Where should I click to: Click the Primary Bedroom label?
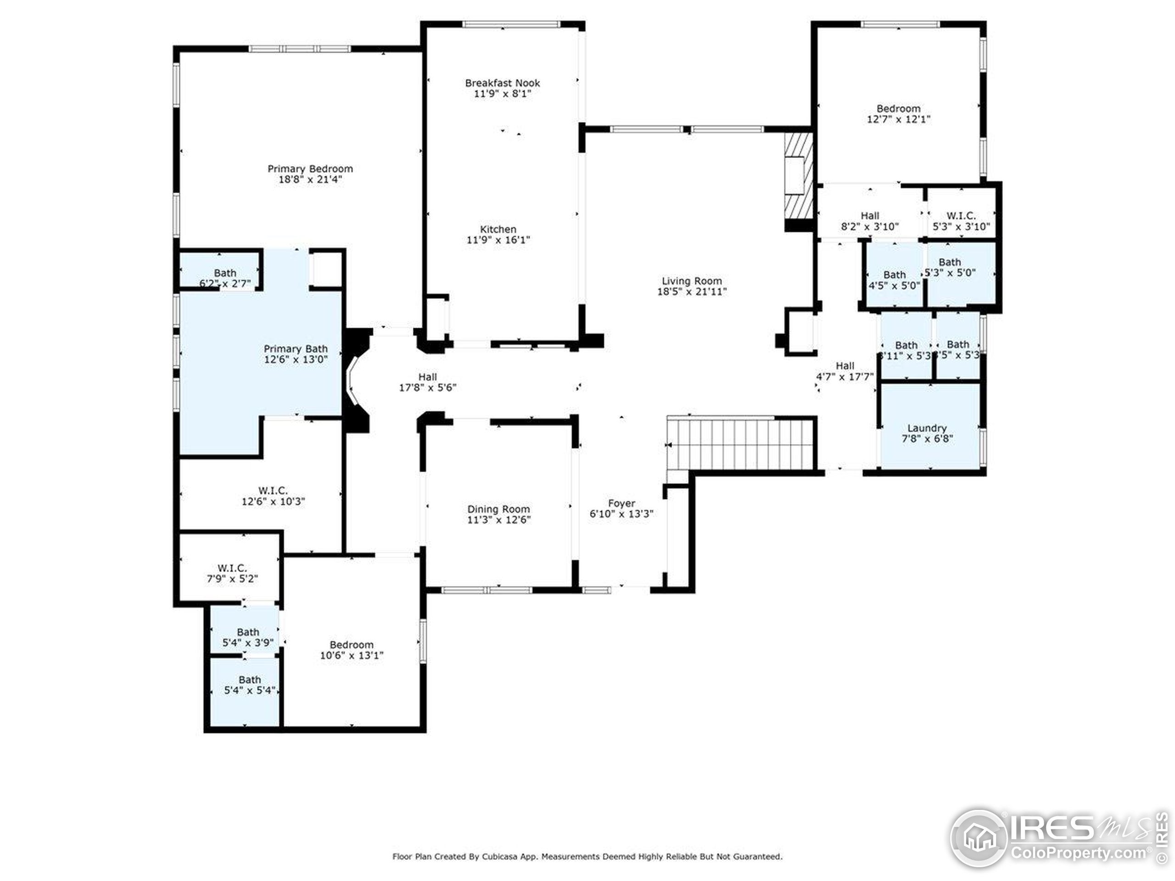point(310,169)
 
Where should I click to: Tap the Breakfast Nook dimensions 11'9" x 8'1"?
point(502,94)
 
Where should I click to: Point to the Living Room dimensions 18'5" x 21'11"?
point(692,291)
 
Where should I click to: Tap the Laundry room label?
point(927,428)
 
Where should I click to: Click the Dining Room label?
point(498,509)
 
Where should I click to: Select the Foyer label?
point(621,503)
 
